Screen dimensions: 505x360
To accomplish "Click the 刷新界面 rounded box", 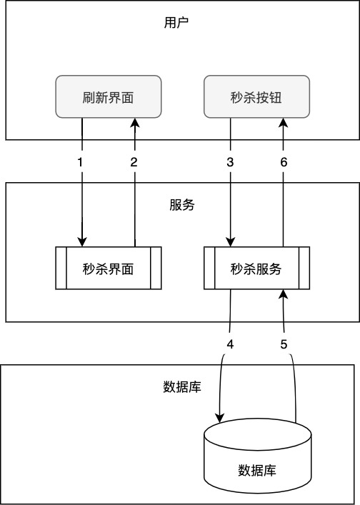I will (x=109, y=97).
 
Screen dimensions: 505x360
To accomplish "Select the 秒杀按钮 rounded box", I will (x=257, y=97).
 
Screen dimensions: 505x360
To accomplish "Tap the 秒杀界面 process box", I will (x=109, y=269).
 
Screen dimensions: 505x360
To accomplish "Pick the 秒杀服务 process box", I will (x=257, y=269).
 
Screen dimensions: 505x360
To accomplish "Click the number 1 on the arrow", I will (x=81, y=162).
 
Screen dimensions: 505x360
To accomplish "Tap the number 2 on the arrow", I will (x=134, y=162).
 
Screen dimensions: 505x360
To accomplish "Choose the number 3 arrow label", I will (x=230, y=162).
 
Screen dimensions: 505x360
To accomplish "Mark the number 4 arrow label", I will (x=230, y=344).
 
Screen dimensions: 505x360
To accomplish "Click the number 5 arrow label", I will (x=284, y=344).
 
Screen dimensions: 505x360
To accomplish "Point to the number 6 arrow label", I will (x=284, y=162).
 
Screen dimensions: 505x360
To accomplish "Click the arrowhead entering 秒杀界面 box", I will (x=82, y=242).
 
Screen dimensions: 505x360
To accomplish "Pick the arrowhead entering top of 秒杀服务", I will (x=231, y=242).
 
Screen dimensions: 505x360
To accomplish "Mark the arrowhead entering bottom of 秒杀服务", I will (x=284, y=294).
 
